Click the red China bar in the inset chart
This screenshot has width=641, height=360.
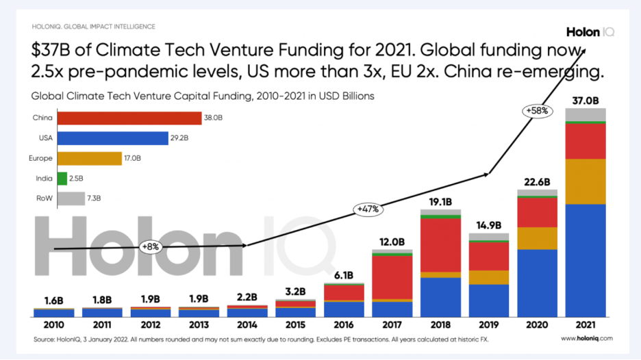[x=129, y=118]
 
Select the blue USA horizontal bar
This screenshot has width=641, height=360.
[x=112, y=138]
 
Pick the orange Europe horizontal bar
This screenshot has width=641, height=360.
[x=89, y=158]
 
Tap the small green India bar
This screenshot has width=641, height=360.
[x=62, y=179]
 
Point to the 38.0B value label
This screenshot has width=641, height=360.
[x=212, y=118]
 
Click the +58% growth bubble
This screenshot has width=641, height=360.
[x=538, y=111]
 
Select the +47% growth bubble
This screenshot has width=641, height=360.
[x=367, y=208]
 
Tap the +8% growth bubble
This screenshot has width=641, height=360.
[x=150, y=246]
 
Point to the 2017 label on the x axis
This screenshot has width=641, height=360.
[x=392, y=324]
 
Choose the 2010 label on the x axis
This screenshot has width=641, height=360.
[x=53, y=324]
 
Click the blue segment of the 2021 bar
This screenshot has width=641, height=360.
[x=586, y=260]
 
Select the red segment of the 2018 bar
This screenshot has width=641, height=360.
[x=440, y=245]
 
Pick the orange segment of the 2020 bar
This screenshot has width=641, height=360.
[x=537, y=238]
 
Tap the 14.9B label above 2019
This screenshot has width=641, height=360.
[x=489, y=225]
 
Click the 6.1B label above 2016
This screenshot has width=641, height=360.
[x=344, y=276]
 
